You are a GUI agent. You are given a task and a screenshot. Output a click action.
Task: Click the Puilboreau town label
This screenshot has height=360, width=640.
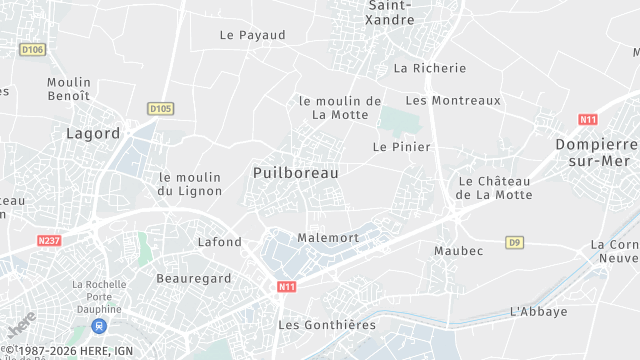[x=295, y=173]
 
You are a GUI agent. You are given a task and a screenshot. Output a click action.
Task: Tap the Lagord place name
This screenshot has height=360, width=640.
[x=93, y=133]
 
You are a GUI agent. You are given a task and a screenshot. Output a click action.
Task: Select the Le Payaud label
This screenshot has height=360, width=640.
[x=252, y=35]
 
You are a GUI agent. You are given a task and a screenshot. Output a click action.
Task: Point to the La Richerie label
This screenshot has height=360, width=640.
[x=430, y=68]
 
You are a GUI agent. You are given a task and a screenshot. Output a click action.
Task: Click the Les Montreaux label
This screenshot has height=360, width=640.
[x=452, y=100]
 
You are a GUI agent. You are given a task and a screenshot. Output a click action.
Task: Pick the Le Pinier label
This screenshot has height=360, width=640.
[x=401, y=146]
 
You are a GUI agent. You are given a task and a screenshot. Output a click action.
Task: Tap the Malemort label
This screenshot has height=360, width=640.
[x=328, y=238]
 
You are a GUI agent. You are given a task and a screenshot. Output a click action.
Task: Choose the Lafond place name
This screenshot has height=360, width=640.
[x=220, y=242]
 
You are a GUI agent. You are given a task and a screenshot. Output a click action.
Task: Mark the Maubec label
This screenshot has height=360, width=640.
[x=458, y=250]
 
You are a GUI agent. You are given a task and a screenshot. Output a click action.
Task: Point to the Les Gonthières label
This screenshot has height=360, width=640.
[x=327, y=325]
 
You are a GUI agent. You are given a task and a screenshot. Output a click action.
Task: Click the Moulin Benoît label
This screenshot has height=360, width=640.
[x=68, y=89]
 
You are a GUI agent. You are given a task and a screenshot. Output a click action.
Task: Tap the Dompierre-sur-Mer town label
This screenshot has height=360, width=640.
[x=596, y=152]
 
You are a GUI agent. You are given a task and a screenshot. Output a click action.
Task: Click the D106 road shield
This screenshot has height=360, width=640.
[x=33, y=49]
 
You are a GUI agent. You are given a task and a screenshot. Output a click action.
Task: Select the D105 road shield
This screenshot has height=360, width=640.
[x=160, y=108]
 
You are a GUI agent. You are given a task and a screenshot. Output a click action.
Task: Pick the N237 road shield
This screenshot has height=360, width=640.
[x=49, y=241]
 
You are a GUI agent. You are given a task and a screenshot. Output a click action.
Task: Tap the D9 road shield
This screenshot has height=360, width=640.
[x=514, y=242]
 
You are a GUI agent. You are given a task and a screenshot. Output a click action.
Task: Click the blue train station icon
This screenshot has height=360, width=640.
[x=98, y=326]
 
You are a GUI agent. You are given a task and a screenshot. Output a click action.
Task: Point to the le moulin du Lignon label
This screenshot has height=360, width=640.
[x=189, y=184]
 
